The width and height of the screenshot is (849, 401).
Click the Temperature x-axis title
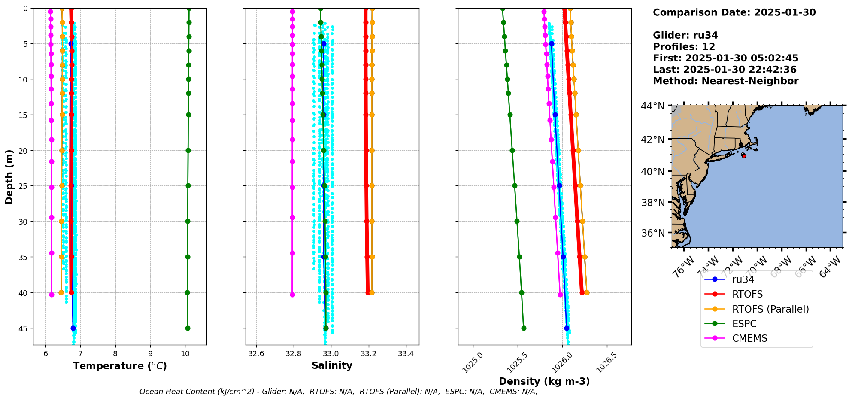pos(120,366)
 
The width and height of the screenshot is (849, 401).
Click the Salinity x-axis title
pos(332,365)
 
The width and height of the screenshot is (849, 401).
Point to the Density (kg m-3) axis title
pos(544,381)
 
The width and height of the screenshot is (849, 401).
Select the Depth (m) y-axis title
pos(9,177)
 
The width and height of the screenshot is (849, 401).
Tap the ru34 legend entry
pos(743,279)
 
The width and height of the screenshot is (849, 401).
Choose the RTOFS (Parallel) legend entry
pos(770,309)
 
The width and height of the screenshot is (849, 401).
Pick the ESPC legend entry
pos(744,324)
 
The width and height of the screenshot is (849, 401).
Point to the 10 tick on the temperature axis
pos(185,354)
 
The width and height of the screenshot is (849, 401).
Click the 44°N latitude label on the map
pos(652,106)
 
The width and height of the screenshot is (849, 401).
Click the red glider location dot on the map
pos(744,156)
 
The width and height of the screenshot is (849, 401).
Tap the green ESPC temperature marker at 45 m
pos(188,328)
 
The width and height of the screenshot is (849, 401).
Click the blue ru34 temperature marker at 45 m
pos(73,328)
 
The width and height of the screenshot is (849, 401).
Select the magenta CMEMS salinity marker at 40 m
pos(292,295)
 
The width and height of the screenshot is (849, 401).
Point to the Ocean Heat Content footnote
pos(338,392)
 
